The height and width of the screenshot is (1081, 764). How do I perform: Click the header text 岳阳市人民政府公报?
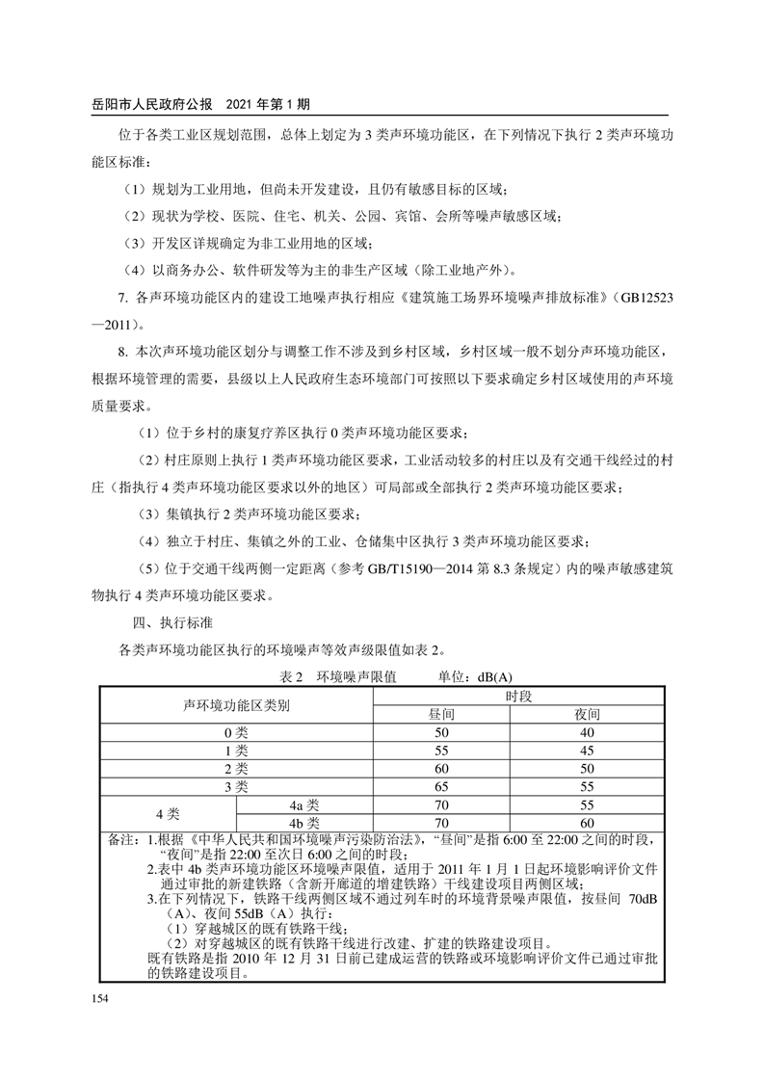[x=157, y=102]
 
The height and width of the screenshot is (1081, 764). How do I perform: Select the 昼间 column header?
[x=442, y=715]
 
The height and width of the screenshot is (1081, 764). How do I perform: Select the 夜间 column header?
[x=588, y=715]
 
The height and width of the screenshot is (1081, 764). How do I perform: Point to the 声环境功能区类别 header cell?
[x=236, y=705]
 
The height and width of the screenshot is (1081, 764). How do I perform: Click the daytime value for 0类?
[x=442, y=732]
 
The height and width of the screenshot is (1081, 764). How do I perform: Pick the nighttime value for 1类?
[x=588, y=751]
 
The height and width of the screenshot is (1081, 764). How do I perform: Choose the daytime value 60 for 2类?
[x=442, y=769]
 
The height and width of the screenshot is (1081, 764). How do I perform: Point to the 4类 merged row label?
[x=169, y=814]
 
